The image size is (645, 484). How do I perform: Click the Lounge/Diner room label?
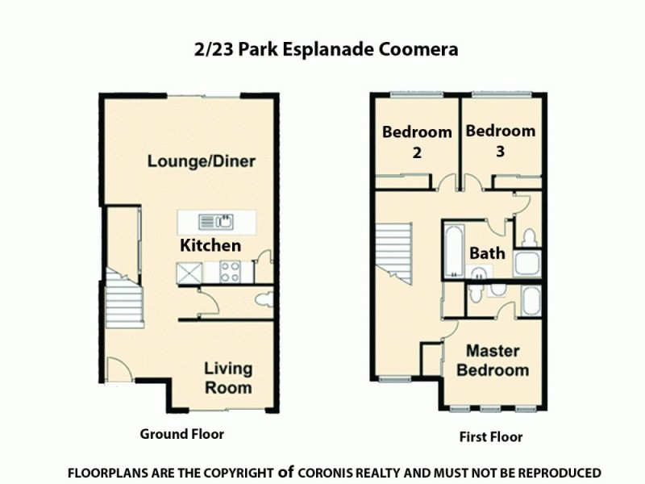point(201,161)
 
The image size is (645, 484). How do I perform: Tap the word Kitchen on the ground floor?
point(210,244)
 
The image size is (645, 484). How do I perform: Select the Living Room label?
point(227,378)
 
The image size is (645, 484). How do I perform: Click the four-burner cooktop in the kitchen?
point(230,271)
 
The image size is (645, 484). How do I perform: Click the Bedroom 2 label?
point(417,142)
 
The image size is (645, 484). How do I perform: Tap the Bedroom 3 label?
point(500,140)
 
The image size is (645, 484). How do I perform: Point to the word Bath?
point(488,253)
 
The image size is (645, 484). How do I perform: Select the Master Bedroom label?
point(493,361)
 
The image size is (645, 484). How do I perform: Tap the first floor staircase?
point(393,258)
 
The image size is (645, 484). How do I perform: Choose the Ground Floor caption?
point(181,433)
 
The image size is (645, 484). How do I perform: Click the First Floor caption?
point(491,437)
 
